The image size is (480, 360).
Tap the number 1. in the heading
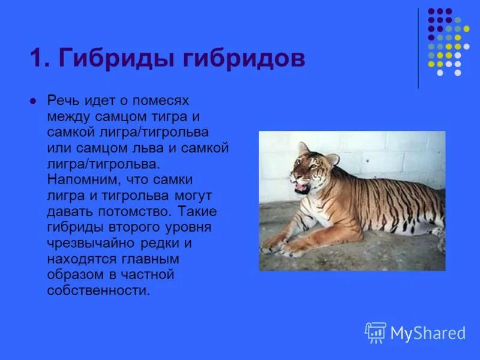tap(41, 59)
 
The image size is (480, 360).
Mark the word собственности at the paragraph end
tap(97, 290)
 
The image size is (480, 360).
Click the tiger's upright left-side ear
tap(304, 148)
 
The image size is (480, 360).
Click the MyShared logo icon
tap(376, 332)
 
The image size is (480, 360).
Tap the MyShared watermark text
tap(428, 334)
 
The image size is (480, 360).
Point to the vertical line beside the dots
tap(418, 48)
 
